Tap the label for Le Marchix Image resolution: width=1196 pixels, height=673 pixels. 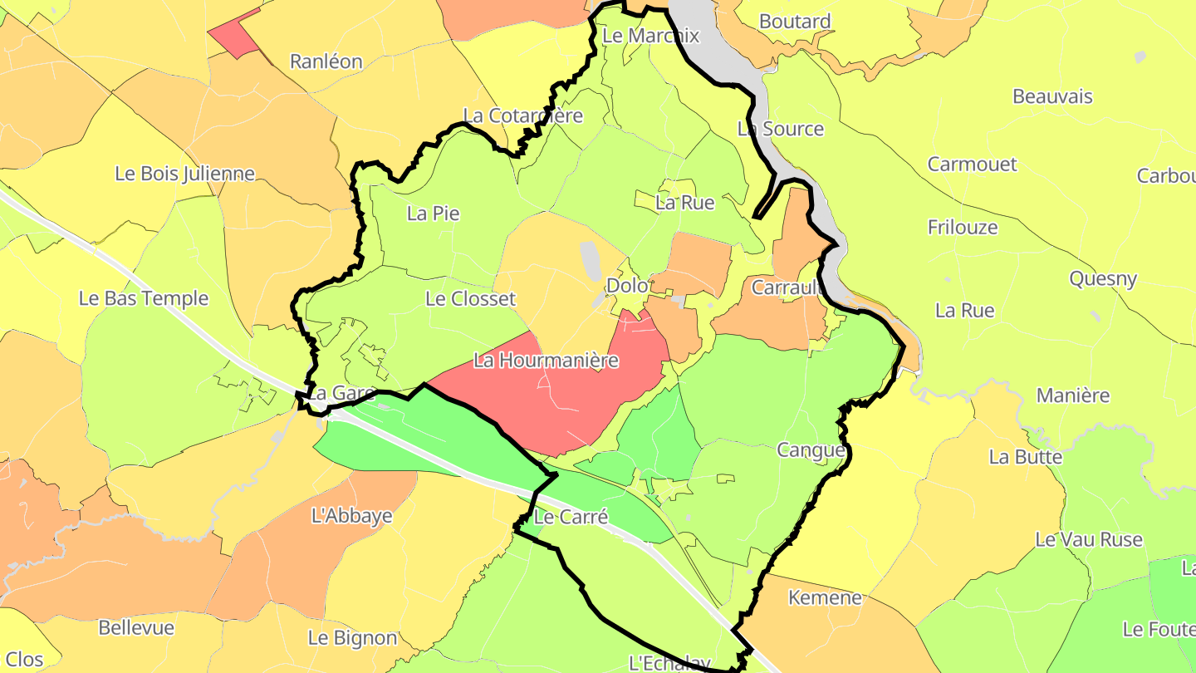click(651, 36)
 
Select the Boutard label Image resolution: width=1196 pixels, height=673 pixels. click(795, 22)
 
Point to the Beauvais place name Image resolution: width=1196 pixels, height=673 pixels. click(1052, 96)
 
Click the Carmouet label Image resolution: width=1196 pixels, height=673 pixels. click(972, 164)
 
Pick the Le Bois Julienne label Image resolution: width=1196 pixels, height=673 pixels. click(184, 174)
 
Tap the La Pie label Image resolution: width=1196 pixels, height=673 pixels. click(433, 214)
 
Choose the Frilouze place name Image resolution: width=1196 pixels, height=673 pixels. click(963, 227)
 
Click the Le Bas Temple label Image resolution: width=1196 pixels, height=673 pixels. click(144, 298)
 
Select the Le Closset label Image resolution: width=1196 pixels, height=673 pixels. click(470, 298)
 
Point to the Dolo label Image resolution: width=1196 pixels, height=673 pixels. click(627, 285)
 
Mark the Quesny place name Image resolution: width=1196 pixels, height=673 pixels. click(1103, 278)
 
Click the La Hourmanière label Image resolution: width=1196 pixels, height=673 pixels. click(546, 361)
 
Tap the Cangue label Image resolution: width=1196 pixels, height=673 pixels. click(811, 450)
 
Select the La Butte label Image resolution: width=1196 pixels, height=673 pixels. click(1025, 457)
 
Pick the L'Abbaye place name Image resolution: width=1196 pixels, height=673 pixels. click(351, 515)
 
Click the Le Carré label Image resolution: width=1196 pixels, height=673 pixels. click(571, 517)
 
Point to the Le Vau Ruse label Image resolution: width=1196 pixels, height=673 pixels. click(1089, 539)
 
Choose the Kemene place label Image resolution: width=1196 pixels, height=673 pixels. click(825, 597)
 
